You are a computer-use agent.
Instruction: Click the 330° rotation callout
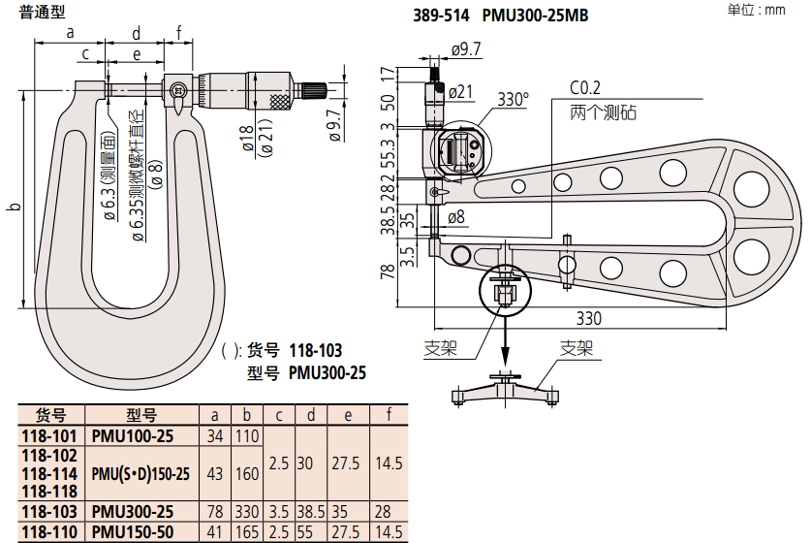513,99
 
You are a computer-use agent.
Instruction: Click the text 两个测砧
602,112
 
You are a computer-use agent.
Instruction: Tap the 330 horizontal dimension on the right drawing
588,318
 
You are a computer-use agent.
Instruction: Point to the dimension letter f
179,32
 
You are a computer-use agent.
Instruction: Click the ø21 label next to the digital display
460,92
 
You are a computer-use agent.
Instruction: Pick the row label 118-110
49,532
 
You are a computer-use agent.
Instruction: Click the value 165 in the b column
247,532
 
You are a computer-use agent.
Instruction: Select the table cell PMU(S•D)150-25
140,473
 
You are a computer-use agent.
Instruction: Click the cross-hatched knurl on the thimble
279,101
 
